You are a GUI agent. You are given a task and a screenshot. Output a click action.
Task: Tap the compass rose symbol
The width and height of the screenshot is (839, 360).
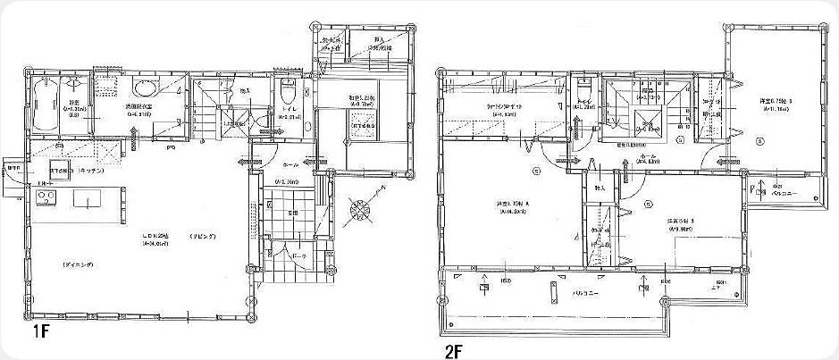tap(359, 210)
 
